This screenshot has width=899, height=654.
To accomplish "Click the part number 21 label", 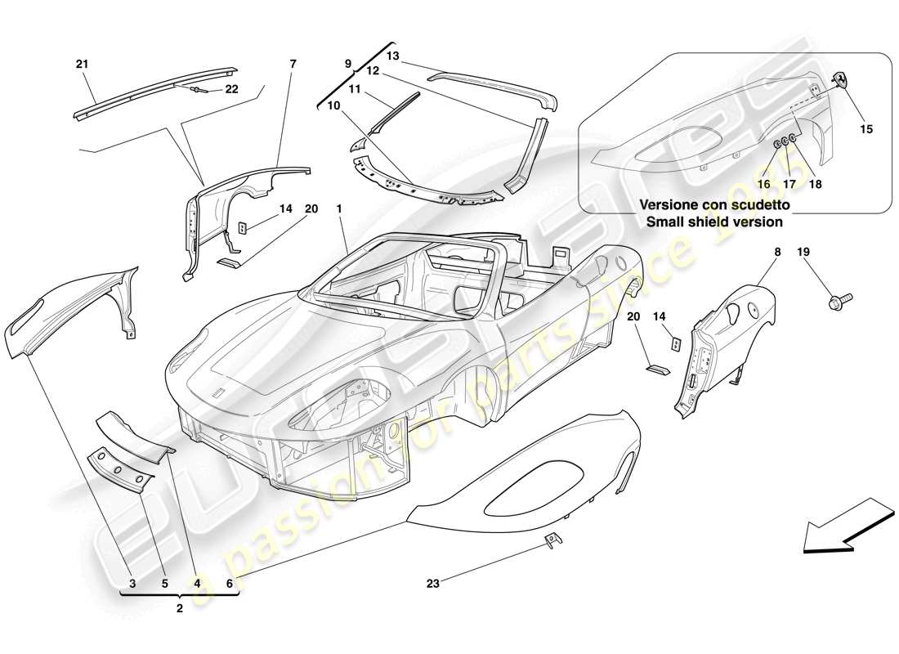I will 82,64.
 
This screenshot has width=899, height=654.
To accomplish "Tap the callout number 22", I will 231,89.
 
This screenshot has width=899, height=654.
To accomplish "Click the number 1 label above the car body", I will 338,209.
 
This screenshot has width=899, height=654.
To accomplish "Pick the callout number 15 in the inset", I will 866,128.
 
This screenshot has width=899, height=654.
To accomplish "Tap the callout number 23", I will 433,584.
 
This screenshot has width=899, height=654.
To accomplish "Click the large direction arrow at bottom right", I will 846,527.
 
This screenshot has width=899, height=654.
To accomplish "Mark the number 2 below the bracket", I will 179,608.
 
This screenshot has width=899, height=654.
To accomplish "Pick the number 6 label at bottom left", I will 230,584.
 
